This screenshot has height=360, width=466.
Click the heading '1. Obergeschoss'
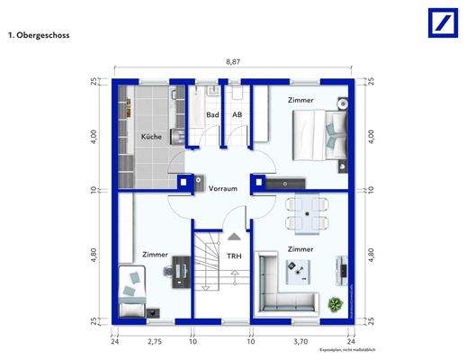[x=39, y=36]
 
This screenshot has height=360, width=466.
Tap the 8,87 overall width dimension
[x=232, y=61]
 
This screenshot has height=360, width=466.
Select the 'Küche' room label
[x=149, y=137]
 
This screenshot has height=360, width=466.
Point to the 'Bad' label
[x=213, y=115]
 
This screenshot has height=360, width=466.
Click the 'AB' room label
[x=237, y=115]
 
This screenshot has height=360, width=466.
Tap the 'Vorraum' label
[x=222, y=189]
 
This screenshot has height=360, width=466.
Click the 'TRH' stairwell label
[x=234, y=256]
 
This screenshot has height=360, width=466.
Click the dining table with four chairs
[x=307, y=214]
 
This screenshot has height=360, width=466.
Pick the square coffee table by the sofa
[x=297, y=266]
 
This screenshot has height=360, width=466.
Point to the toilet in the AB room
[x=237, y=94]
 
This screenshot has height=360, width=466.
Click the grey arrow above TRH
[x=234, y=237]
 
